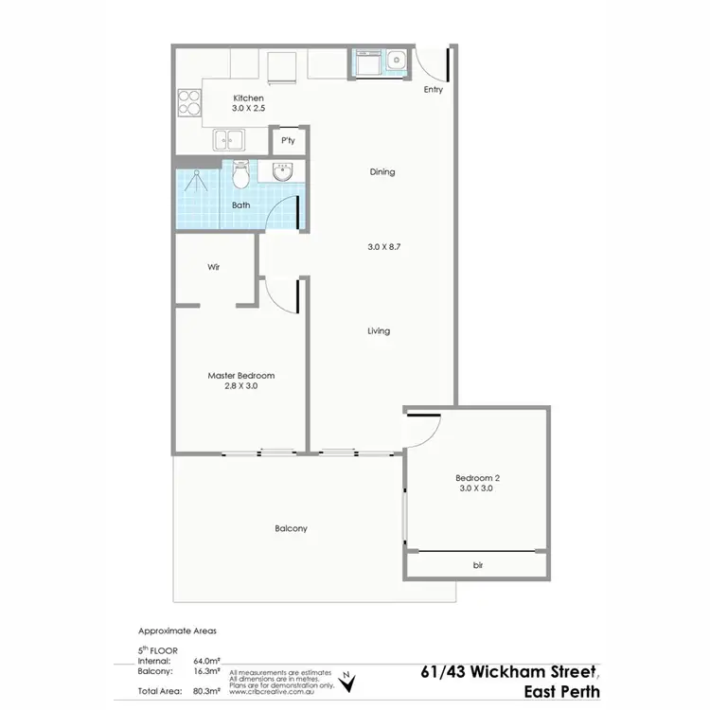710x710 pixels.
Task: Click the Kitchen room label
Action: point(248,98)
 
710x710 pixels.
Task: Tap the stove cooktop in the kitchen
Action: point(189,101)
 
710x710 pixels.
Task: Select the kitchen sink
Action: point(228,141)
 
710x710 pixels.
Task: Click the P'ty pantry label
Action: point(288,141)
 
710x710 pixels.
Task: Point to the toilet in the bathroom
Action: point(240,174)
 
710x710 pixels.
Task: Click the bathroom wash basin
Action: point(281,172)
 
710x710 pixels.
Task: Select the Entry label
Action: point(433,91)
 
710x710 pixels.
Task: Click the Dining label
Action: point(382,172)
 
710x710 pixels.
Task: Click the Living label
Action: point(379,331)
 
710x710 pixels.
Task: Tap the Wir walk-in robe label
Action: point(214,268)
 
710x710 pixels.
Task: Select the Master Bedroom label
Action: point(241,376)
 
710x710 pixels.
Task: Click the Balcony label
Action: point(291,528)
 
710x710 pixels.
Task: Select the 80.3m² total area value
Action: point(205,692)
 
